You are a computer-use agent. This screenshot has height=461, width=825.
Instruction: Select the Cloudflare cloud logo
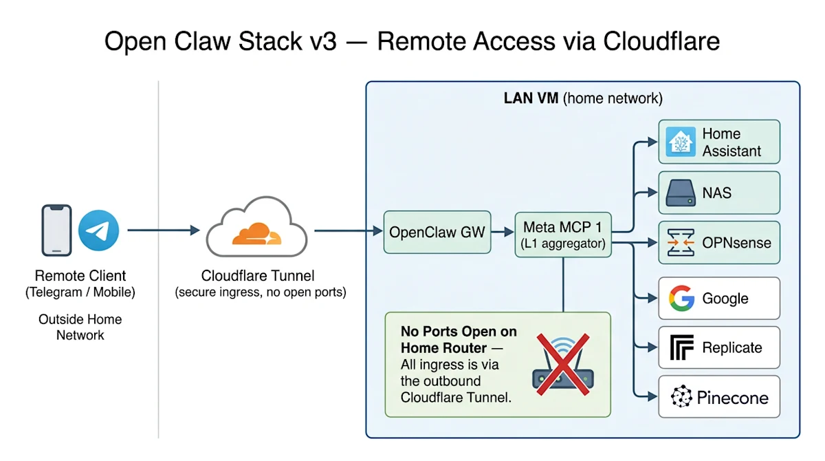click(256, 231)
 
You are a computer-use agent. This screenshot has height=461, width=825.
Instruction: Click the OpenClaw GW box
click(437, 233)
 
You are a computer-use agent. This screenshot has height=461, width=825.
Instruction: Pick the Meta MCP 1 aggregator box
click(563, 235)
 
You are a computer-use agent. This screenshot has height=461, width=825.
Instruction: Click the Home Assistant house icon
click(681, 142)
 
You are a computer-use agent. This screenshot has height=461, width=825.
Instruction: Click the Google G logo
click(681, 299)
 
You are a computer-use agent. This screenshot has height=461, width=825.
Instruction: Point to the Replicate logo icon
click(681, 348)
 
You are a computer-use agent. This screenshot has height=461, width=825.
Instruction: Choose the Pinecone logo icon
click(681, 398)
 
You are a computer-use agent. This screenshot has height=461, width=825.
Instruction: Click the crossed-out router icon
click(562, 365)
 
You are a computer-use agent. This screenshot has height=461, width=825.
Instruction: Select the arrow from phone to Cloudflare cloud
click(164, 231)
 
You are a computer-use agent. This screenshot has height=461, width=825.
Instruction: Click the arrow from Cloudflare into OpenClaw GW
click(349, 231)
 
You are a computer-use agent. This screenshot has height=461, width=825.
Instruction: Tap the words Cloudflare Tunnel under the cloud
click(258, 276)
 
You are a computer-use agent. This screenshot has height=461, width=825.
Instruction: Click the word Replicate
click(731, 348)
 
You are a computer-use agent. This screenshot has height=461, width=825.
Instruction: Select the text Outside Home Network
click(80, 328)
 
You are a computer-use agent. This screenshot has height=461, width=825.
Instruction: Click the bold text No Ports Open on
click(459, 332)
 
